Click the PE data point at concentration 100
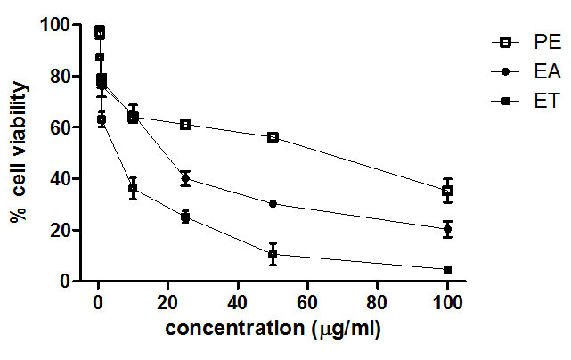pos(447,191)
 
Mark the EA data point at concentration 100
pos(447,229)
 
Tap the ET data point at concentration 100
pos(447,269)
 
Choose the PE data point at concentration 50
pos(273,137)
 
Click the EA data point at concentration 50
pos(273,204)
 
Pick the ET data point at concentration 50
pos(273,254)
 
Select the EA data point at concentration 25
pos(185,178)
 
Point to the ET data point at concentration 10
pos(133,189)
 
